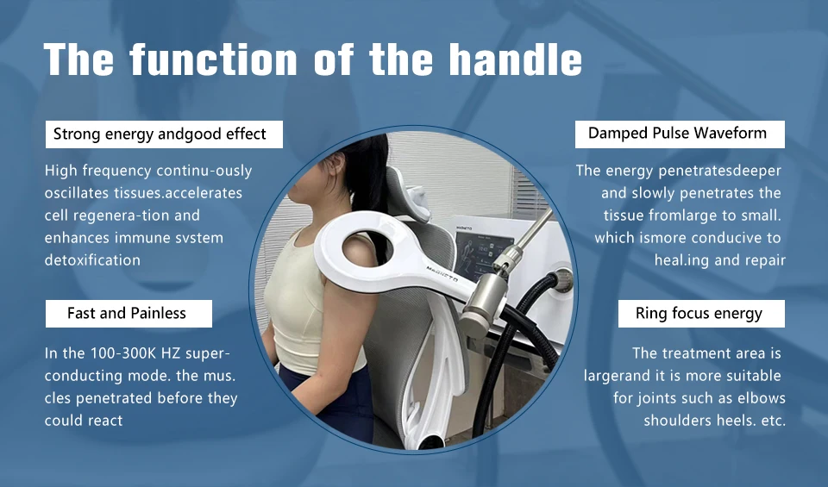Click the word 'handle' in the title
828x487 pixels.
515,59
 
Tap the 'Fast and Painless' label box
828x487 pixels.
127,313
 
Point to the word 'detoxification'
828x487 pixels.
92,259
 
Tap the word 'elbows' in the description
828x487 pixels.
756,398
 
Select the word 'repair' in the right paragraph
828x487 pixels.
764,259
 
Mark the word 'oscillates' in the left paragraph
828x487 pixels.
79,192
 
